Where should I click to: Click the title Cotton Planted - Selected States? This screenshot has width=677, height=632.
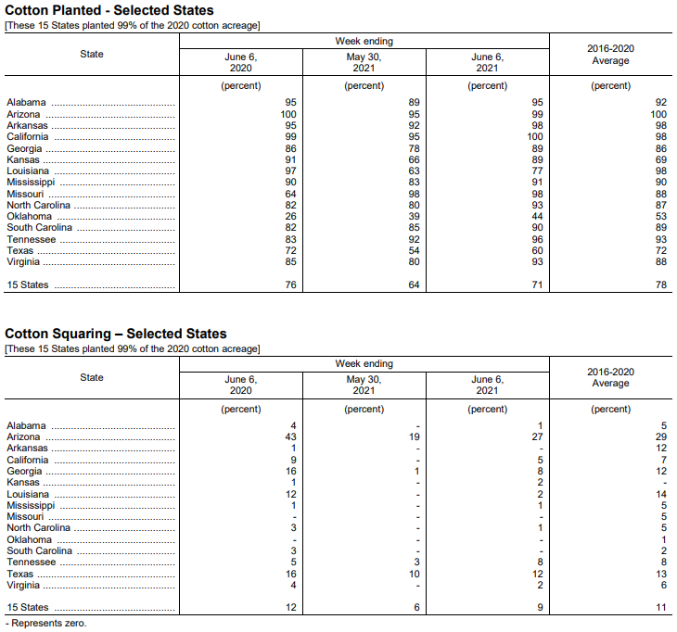109,10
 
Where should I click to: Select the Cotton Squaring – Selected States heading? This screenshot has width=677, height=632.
116,334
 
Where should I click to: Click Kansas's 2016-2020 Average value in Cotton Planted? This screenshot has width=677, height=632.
661,160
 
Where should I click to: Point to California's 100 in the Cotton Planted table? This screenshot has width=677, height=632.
535,137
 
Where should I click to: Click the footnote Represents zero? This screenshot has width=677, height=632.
45,624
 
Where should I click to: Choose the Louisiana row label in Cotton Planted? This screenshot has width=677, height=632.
28,171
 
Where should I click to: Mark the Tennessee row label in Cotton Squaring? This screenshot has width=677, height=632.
31,562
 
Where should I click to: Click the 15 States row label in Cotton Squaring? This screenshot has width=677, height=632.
28,608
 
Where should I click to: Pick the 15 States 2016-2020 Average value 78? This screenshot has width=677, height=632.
661,285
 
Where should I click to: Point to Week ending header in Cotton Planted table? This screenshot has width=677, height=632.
364,41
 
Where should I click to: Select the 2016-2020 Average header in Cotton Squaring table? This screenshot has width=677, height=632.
610,377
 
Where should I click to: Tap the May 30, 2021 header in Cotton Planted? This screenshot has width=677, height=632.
364,62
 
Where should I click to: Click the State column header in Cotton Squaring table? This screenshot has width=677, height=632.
92,377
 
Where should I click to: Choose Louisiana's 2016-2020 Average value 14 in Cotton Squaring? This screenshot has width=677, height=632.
661,495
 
